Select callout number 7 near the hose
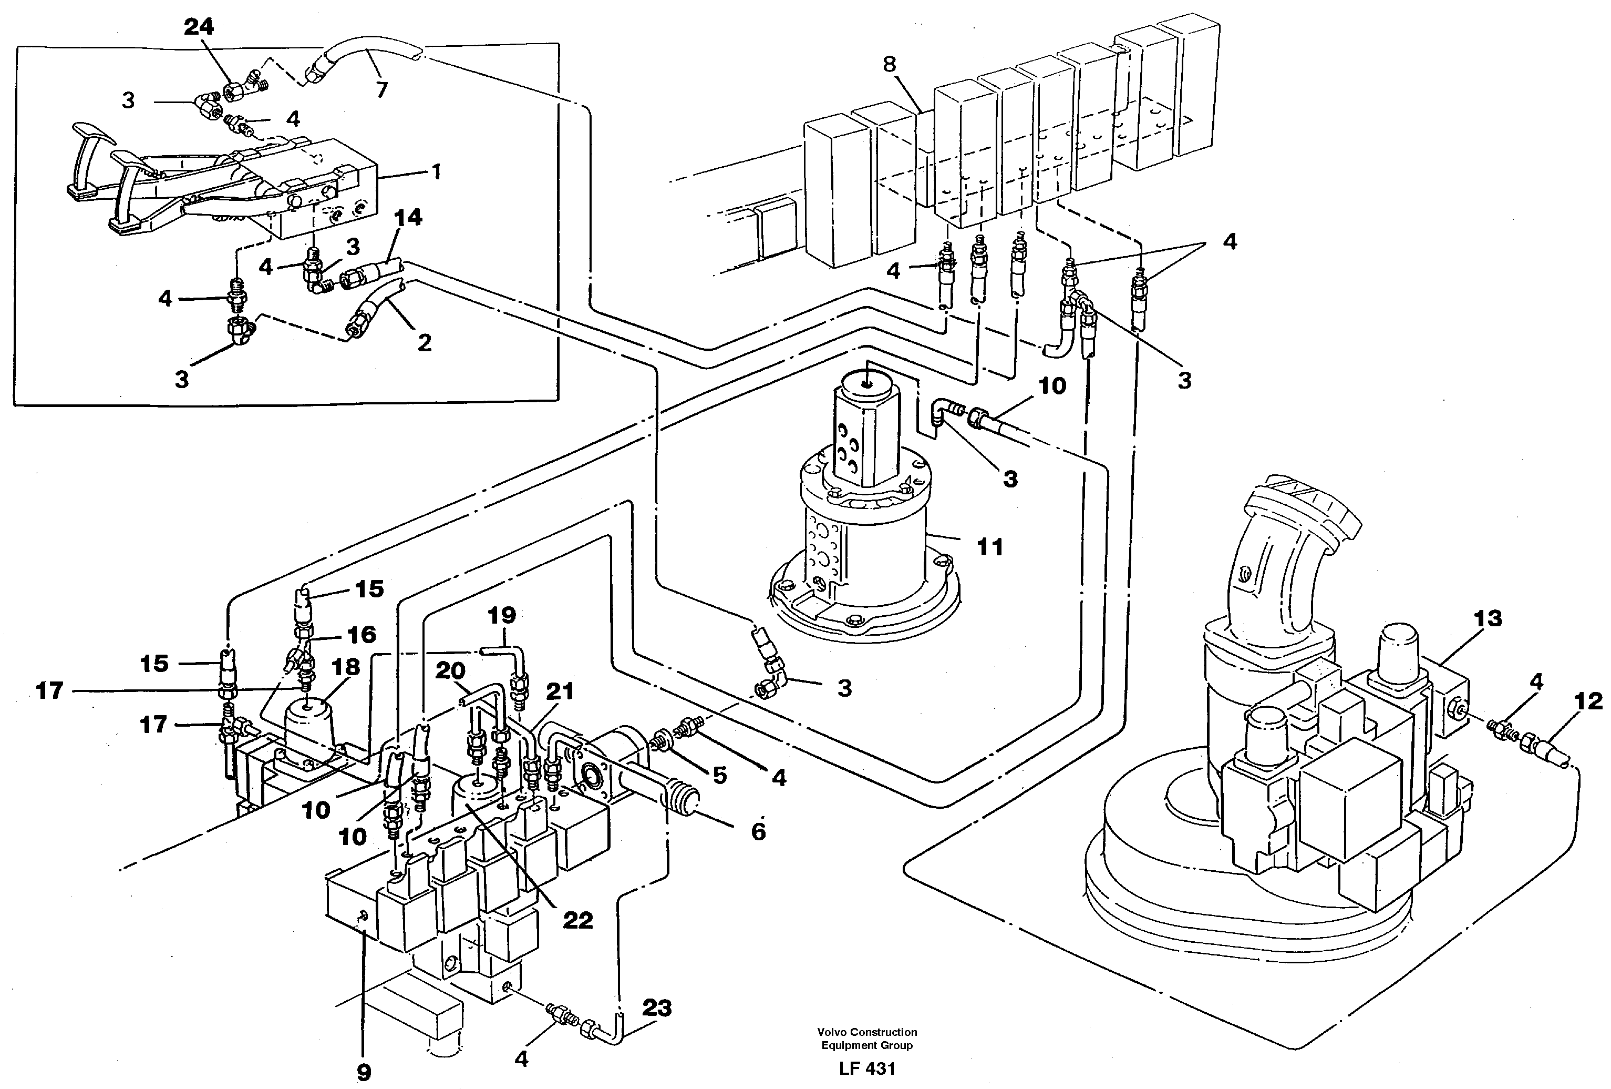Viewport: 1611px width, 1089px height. (x=381, y=89)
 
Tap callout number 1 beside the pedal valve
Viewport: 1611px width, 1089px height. (x=436, y=171)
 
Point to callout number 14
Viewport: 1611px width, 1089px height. (x=408, y=218)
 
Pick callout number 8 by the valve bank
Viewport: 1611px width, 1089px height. (x=890, y=65)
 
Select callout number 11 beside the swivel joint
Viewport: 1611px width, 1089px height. (x=989, y=547)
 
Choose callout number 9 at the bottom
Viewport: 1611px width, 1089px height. (x=364, y=1072)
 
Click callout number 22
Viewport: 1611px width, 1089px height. (x=577, y=920)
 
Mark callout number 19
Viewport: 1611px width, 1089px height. (x=502, y=615)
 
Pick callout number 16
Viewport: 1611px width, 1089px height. (x=360, y=635)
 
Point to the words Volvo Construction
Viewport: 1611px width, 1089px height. (x=866, y=1032)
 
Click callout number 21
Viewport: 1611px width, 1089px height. (x=560, y=691)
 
